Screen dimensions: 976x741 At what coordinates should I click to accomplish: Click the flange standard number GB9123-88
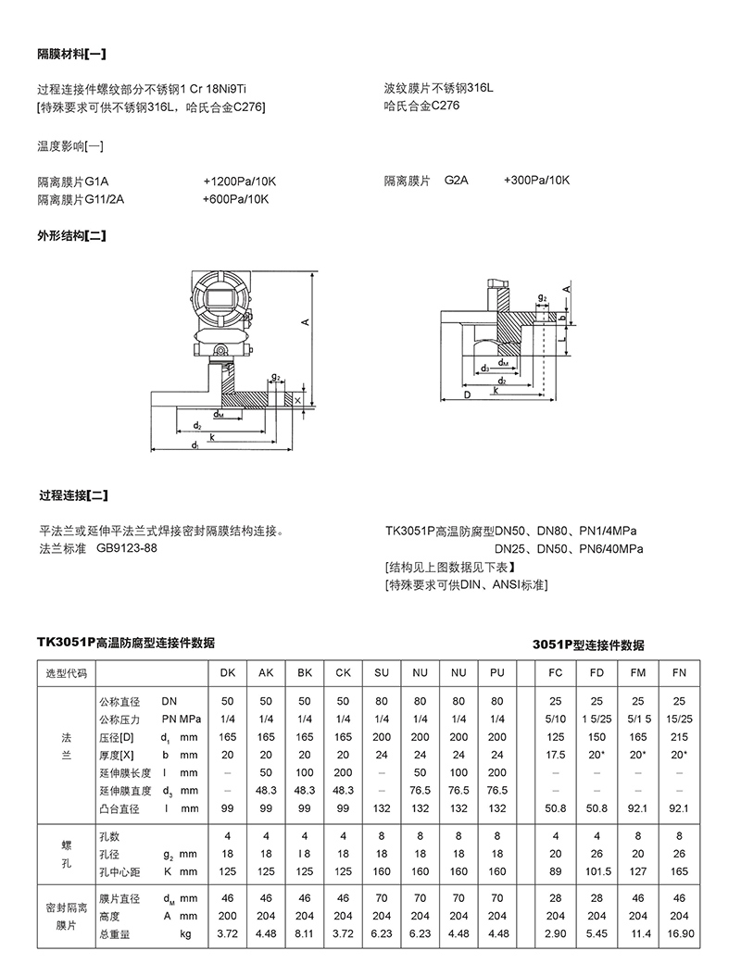pyautogui.click(x=126, y=549)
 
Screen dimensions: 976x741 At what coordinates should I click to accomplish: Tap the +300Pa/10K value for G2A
pyautogui.click(x=536, y=181)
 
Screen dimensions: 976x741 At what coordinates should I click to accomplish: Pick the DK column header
pyautogui.click(x=227, y=673)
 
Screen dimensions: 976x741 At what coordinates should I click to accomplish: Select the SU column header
pyautogui.click(x=381, y=673)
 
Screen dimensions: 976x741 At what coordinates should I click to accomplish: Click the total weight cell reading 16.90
pyautogui.click(x=681, y=935)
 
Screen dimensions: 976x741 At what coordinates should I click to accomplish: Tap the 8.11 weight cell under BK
pyautogui.click(x=305, y=935)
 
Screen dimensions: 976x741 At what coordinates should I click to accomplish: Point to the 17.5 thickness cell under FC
pyautogui.click(x=556, y=755)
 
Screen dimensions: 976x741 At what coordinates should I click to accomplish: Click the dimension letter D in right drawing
pyautogui.click(x=467, y=394)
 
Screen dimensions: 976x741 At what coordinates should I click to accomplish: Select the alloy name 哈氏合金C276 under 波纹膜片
pyautogui.click(x=422, y=106)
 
